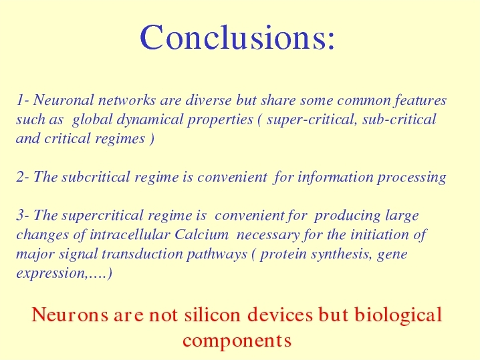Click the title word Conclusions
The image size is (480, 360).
[237, 37]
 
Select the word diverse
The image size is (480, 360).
[209, 100]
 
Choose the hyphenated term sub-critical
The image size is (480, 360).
[399, 119]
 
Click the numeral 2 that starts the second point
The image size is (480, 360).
[20, 177]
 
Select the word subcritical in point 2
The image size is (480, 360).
[96, 177]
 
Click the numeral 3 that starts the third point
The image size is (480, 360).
[20, 215]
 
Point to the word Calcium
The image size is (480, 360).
[202, 234]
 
